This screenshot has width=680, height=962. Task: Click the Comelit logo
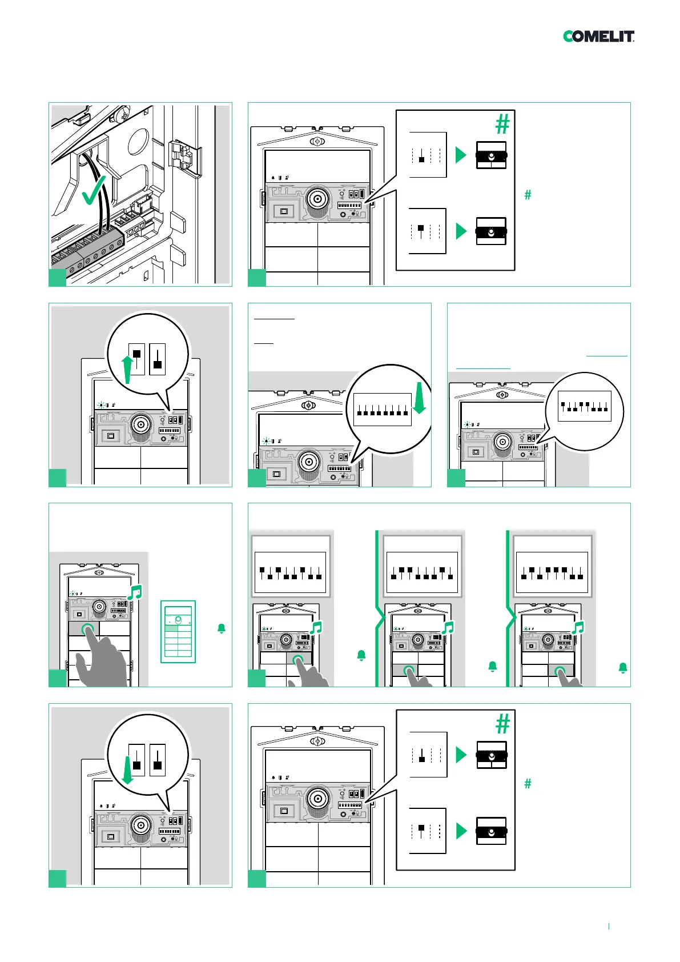(x=598, y=37)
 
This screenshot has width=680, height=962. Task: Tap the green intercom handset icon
(x=178, y=631)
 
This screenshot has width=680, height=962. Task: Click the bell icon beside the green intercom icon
(x=222, y=628)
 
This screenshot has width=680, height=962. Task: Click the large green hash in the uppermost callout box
(x=502, y=124)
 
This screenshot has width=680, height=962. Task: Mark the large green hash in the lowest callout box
(x=502, y=724)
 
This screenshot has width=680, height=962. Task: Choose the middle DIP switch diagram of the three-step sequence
(x=422, y=573)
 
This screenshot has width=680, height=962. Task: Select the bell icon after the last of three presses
(x=623, y=667)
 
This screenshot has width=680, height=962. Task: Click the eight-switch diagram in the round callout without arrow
(x=584, y=406)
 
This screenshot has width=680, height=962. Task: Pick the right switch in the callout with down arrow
(x=158, y=760)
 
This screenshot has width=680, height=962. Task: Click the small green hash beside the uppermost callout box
(x=528, y=195)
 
